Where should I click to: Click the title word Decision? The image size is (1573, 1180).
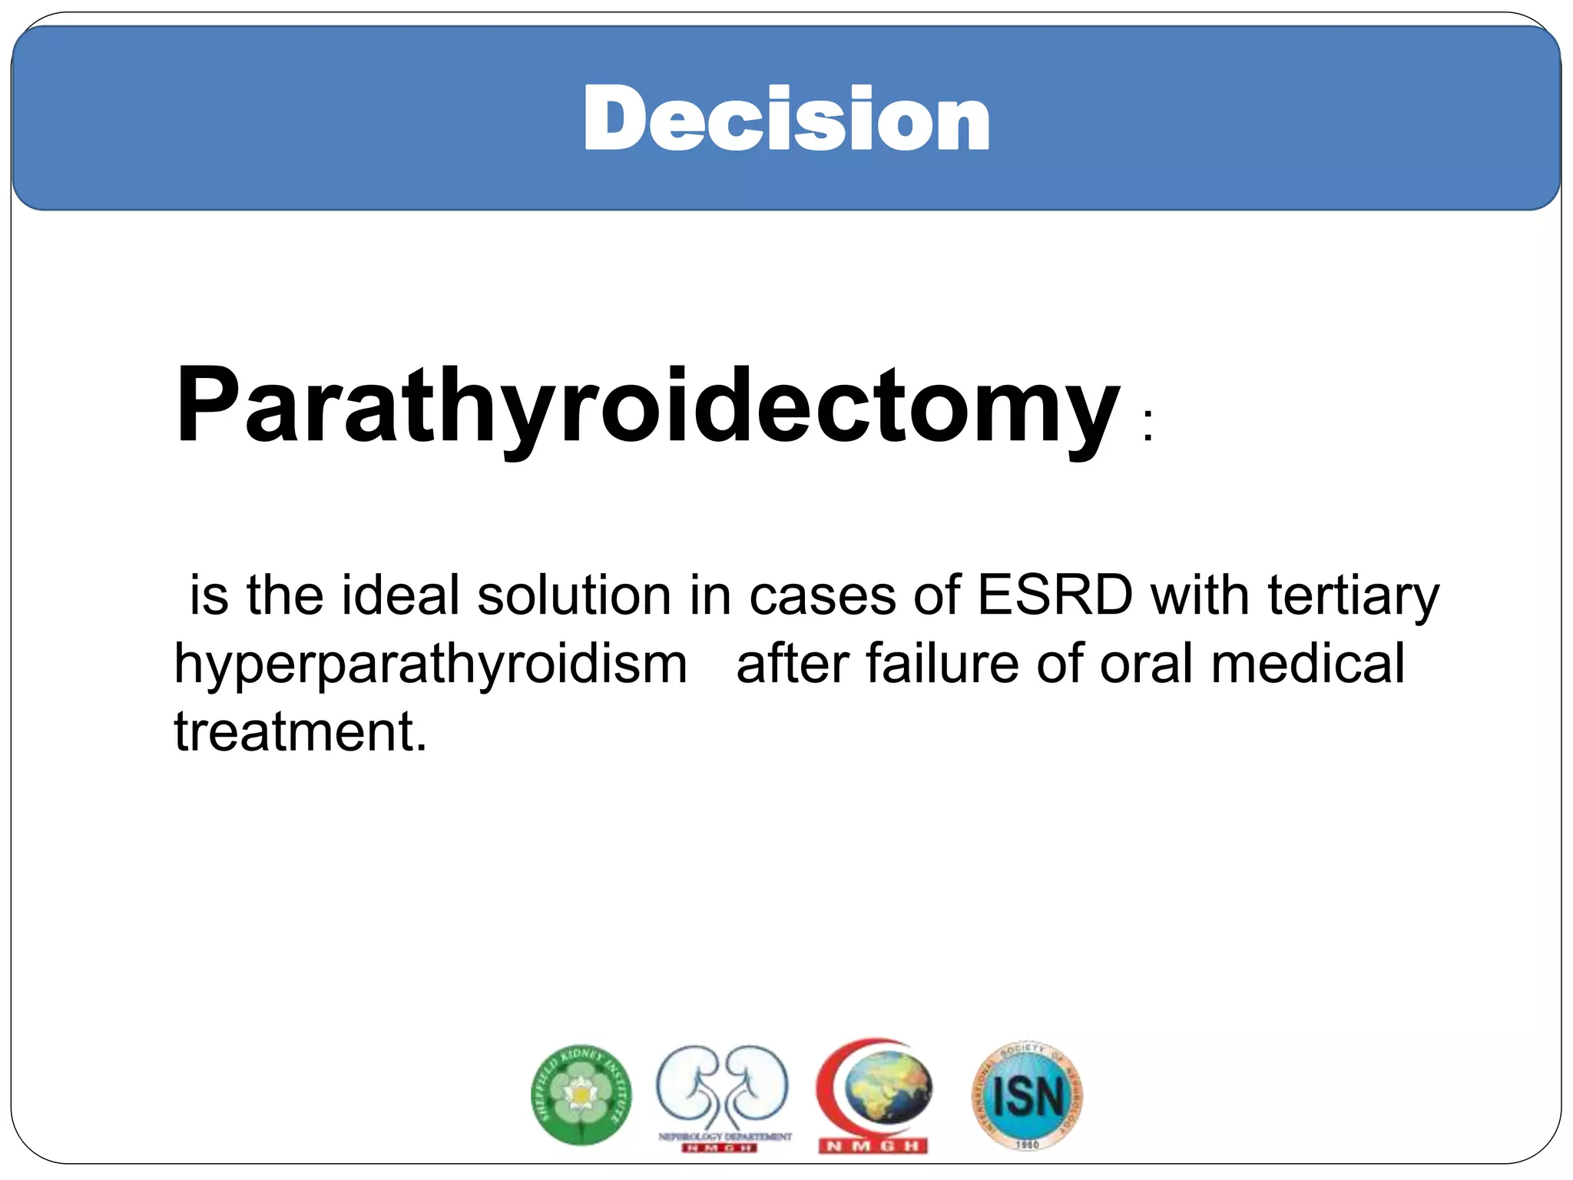pyautogui.click(x=786, y=119)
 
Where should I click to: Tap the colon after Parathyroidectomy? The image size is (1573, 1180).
pyautogui.click(x=1147, y=425)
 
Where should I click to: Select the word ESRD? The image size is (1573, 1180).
pyautogui.click(x=1055, y=595)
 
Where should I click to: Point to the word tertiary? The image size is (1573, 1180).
pyautogui.click(x=1353, y=597)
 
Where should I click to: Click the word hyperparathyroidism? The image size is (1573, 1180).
pyautogui.click(x=430, y=665)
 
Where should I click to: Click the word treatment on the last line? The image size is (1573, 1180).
pyautogui.click(x=300, y=731)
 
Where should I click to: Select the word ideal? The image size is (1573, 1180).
pyautogui.click(x=399, y=595)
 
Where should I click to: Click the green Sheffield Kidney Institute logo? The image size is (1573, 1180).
pyautogui.click(x=581, y=1095)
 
